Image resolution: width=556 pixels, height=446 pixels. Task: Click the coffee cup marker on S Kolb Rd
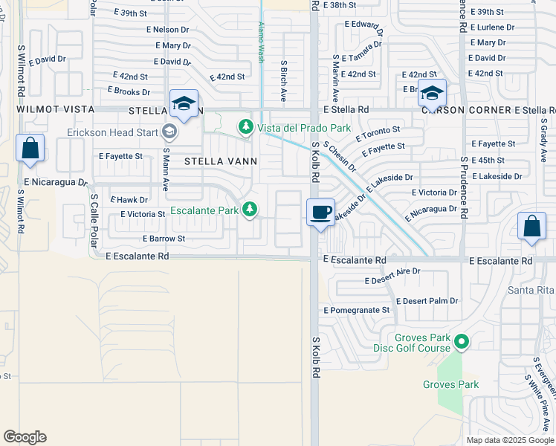click(320, 213)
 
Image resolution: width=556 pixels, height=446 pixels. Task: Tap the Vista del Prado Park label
click(303, 128)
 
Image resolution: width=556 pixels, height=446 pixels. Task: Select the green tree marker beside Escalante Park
click(251, 210)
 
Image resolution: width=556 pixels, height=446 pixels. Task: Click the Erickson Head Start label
click(113, 132)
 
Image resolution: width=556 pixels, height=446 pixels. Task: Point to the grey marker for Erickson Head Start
click(169, 132)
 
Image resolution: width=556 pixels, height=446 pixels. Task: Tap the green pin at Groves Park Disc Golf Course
click(462, 342)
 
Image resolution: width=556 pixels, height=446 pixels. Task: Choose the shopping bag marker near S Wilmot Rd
click(30, 148)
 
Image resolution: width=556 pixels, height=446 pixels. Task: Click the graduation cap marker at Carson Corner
click(431, 93)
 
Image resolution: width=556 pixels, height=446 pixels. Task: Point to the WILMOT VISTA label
click(55, 109)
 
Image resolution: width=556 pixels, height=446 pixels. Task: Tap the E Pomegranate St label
click(357, 310)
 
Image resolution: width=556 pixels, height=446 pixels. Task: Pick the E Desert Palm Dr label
click(427, 301)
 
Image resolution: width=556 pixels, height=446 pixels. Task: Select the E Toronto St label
click(378, 133)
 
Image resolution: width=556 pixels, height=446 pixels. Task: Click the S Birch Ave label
click(284, 81)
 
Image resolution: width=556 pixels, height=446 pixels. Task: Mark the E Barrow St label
click(164, 239)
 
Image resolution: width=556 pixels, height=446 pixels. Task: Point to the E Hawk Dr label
click(129, 199)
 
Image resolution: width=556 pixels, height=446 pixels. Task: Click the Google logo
click(25, 437)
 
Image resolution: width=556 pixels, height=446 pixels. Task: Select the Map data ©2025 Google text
click(510, 440)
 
